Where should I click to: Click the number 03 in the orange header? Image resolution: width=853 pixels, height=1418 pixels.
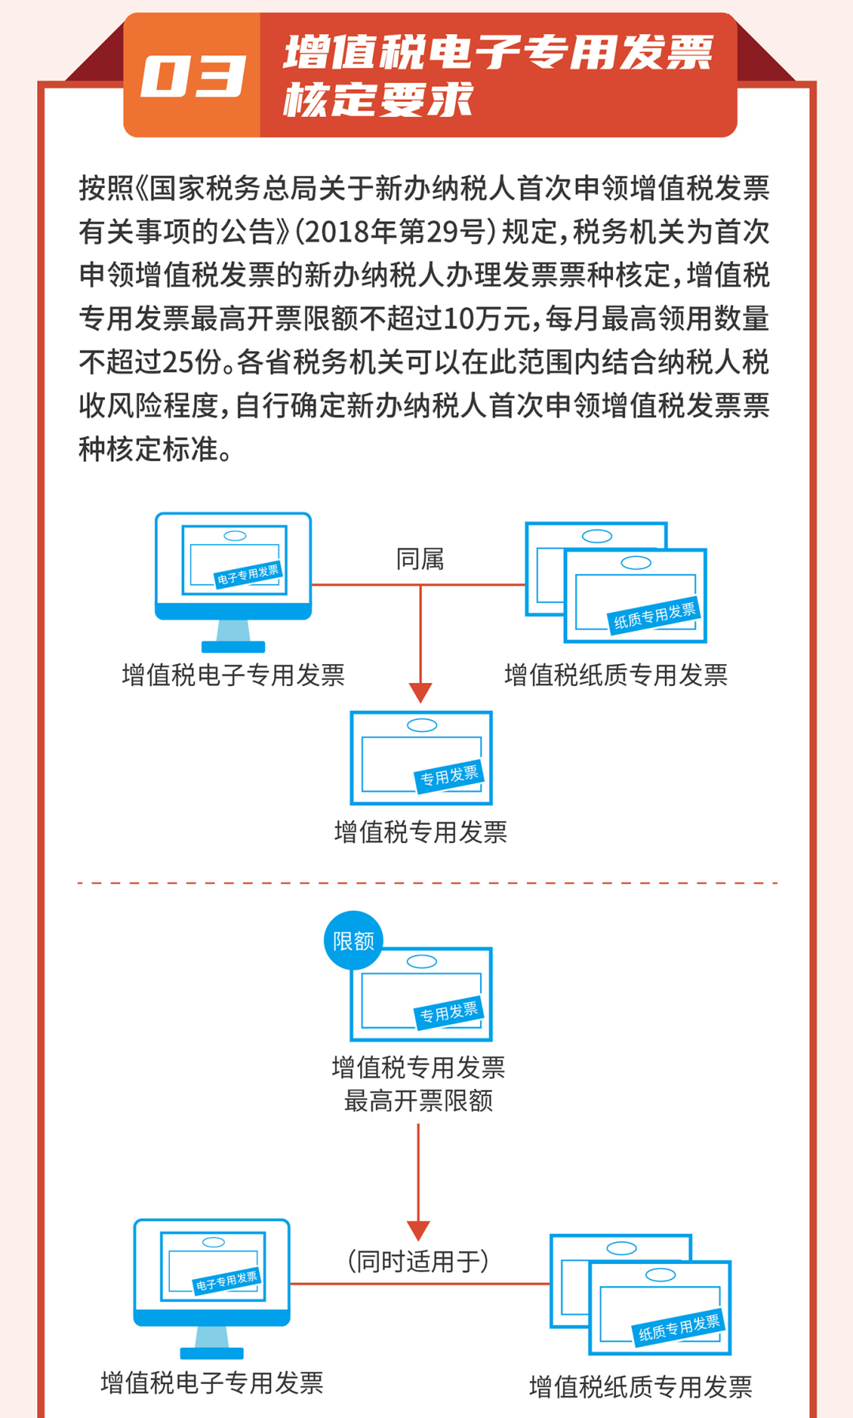point(192,77)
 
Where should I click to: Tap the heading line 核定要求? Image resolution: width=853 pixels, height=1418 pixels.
point(378,100)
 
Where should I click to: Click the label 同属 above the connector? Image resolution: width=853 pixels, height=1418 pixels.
point(419,559)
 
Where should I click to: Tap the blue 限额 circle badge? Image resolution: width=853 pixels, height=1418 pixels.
point(353,940)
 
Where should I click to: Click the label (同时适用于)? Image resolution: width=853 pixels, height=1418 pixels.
point(418,1261)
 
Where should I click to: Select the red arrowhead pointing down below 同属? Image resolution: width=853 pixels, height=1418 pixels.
point(420,692)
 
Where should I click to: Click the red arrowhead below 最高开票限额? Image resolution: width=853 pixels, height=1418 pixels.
point(418,1230)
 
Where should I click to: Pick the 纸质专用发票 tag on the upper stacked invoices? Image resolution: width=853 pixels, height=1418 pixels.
point(655,616)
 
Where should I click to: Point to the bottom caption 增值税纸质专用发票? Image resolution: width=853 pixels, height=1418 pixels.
point(640,1386)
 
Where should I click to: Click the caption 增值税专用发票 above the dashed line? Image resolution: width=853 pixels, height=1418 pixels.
point(420,832)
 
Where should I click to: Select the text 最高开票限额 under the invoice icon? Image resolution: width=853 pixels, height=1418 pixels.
point(418,1101)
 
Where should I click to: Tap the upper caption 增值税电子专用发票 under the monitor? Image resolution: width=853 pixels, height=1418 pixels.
point(233,675)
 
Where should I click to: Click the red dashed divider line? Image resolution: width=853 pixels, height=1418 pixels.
point(426,883)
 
